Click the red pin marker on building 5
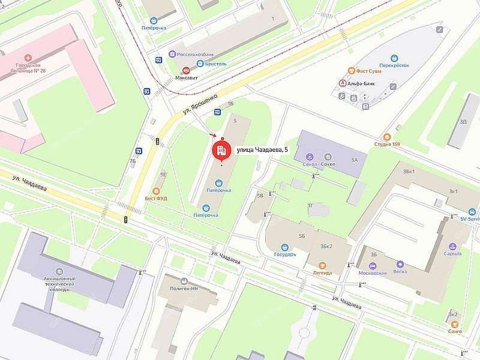[x=222, y=148]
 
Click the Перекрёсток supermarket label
[x=394, y=65]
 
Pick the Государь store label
[x=285, y=254]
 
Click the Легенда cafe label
[x=322, y=272]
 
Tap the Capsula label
[x=452, y=253]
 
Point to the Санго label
[x=454, y=331]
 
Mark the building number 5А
[x=355, y=160]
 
